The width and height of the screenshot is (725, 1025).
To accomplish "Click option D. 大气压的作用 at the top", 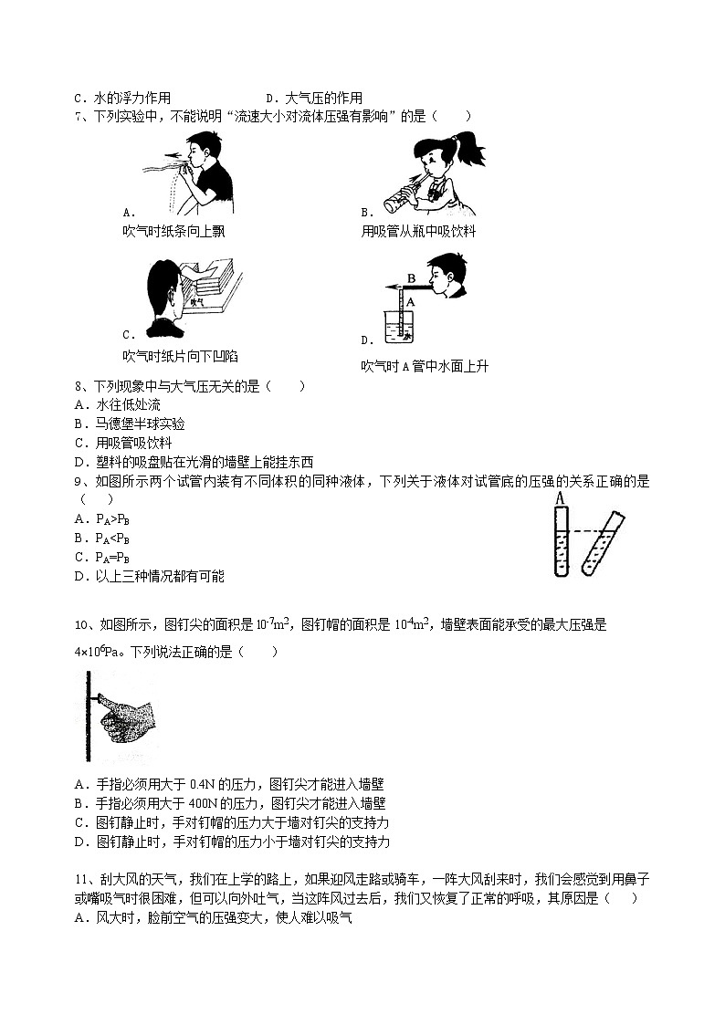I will click(x=313, y=98).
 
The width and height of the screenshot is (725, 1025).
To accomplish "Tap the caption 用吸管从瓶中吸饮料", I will click(x=418, y=231).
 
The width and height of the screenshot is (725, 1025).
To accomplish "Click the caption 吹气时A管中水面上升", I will click(x=425, y=366).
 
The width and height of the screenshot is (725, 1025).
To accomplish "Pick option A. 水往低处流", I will click(x=118, y=405).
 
